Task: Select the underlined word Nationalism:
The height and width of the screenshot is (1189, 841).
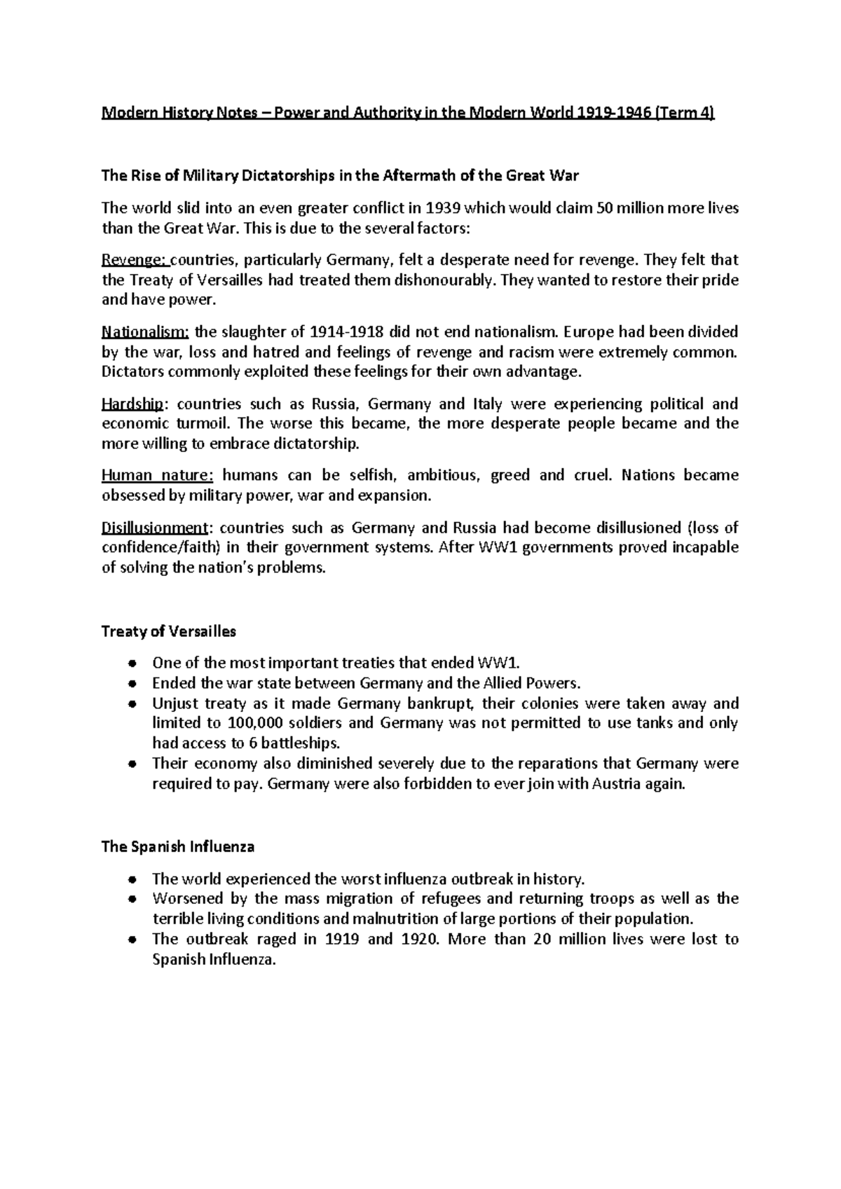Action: [145, 332]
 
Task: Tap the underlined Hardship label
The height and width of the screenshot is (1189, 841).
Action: [133, 404]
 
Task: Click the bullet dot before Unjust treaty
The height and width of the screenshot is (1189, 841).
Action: [132, 703]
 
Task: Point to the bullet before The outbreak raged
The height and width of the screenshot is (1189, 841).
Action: [132, 940]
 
